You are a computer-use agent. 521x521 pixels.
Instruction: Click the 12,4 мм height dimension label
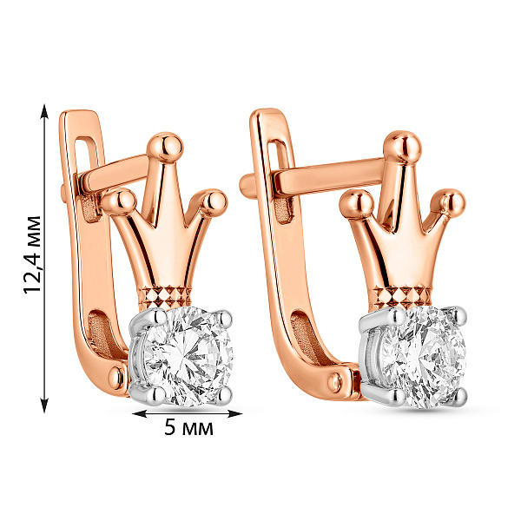(x=33, y=254)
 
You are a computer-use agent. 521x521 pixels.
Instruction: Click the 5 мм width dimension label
(x=188, y=427)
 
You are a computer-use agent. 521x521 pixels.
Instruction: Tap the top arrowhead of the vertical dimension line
(x=44, y=111)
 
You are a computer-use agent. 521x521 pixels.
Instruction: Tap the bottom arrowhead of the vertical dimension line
(x=44, y=406)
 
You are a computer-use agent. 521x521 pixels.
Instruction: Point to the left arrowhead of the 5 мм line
(x=140, y=413)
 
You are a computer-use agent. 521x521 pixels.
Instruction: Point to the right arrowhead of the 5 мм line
(x=234, y=413)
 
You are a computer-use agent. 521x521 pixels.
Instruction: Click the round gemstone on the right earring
(x=424, y=357)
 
